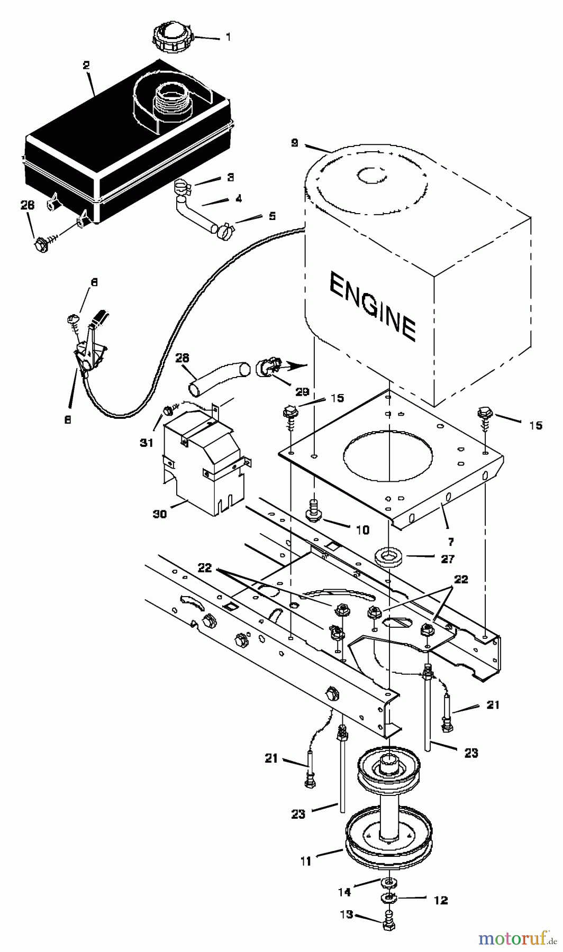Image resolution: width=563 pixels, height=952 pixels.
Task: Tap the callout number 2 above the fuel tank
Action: (86, 66)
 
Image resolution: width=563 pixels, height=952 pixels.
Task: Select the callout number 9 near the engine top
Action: (295, 143)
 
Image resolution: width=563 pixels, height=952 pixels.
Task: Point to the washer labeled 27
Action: (388, 557)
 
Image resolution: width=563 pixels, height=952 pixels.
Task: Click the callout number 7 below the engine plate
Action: (450, 541)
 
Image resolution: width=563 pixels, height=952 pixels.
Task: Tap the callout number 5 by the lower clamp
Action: (257, 216)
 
